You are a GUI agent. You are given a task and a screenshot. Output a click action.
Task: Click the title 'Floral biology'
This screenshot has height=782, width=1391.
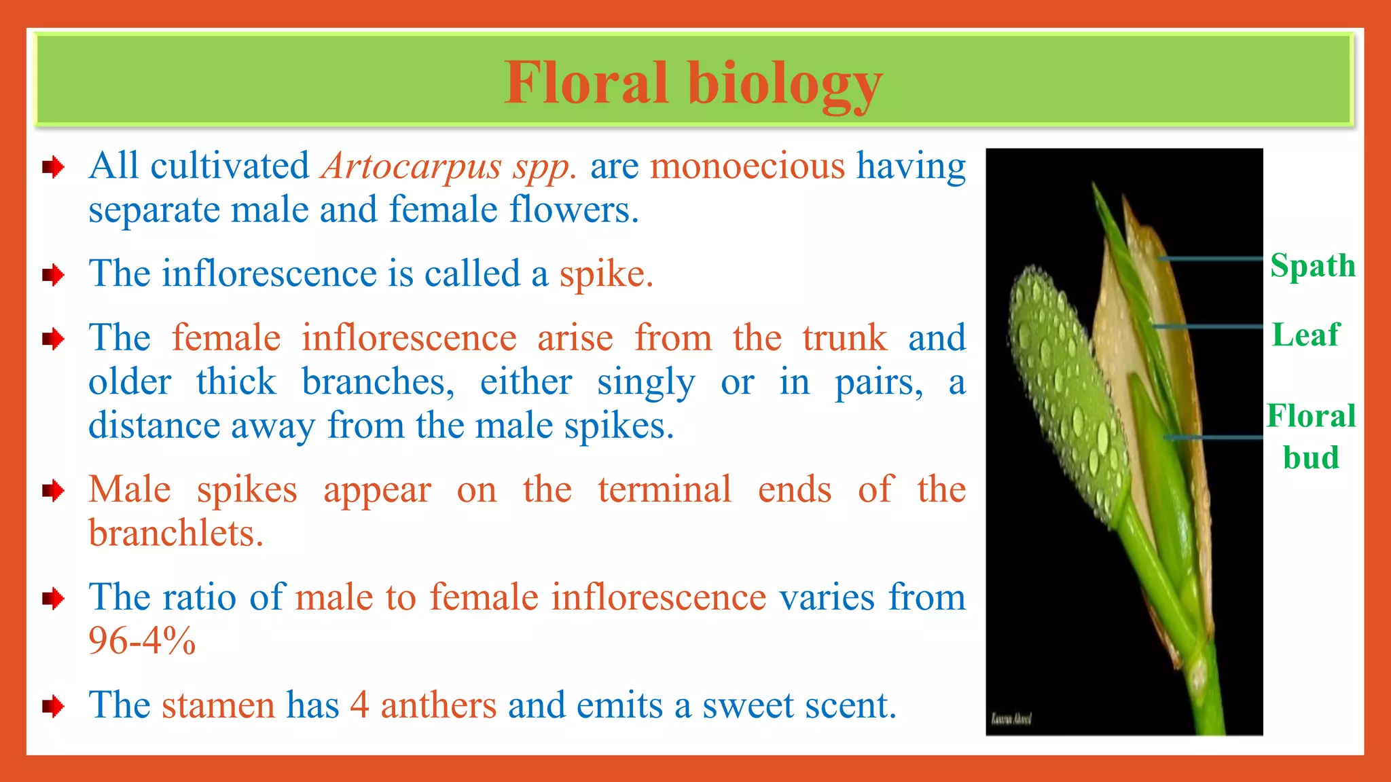(693, 83)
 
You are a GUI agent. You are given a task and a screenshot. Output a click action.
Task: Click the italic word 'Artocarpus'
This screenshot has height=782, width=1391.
(412, 166)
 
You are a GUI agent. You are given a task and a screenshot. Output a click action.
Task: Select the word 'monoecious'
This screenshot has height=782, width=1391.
(747, 166)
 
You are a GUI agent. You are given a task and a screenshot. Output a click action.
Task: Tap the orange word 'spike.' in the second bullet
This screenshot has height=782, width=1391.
(606, 274)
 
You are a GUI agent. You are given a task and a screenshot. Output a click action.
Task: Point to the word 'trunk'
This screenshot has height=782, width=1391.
(844, 338)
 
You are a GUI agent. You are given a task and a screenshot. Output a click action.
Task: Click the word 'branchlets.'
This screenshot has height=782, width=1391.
(176, 534)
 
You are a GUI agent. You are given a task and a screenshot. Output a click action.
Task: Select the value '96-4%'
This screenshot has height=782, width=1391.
(142, 641)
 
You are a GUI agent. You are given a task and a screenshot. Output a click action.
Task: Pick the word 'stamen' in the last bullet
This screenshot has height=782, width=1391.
(218, 705)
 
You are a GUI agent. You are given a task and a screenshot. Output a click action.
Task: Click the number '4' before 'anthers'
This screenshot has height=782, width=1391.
(359, 705)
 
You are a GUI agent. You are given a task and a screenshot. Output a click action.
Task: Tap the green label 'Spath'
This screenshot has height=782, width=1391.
(1312, 265)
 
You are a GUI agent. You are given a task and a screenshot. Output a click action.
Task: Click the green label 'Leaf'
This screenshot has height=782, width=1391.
(1305, 335)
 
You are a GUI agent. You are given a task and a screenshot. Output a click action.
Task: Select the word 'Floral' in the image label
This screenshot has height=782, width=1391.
(1311, 416)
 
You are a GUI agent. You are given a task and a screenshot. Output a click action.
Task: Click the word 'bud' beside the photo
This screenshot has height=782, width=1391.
(1311, 458)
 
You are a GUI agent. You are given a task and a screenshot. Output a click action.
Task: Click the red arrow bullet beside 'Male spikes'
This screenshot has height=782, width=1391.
(52, 490)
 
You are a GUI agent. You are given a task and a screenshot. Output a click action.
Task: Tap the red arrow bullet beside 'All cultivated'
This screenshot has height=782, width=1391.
(52, 167)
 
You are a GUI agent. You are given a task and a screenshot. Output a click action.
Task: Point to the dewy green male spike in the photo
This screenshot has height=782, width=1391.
(1066, 387)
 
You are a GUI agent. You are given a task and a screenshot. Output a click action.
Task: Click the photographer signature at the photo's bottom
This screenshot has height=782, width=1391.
(1011, 718)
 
